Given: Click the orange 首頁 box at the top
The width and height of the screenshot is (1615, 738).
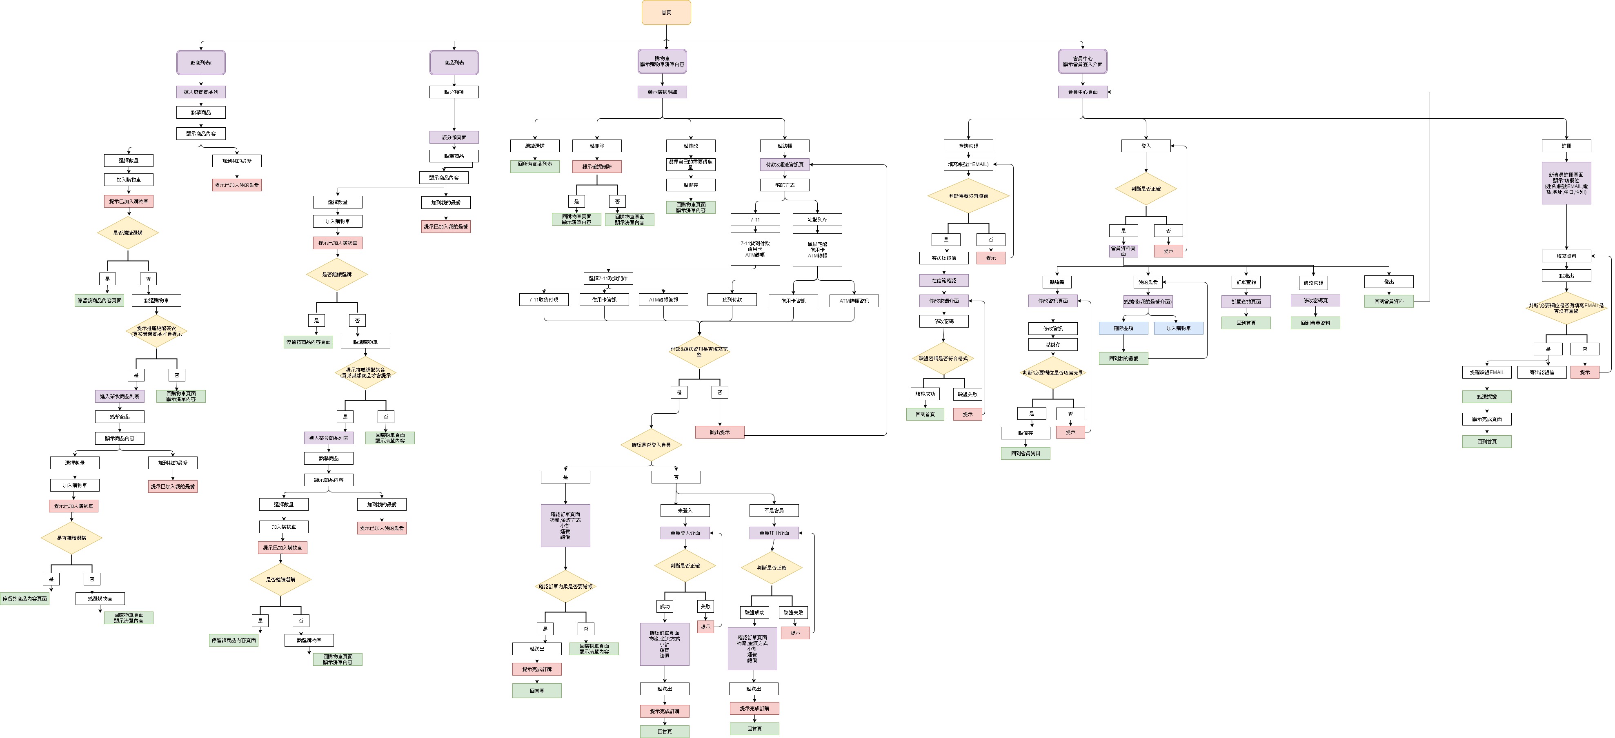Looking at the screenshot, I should (666, 13).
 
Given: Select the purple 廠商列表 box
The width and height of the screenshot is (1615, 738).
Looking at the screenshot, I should (200, 63).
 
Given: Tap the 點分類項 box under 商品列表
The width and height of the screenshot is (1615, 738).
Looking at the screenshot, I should (454, 92).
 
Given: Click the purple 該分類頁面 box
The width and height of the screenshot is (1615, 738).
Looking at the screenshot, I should (454, 137).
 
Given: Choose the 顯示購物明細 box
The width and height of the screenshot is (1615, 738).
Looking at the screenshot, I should (662, 92).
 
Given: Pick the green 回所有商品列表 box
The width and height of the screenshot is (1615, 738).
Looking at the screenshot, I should (535, 164).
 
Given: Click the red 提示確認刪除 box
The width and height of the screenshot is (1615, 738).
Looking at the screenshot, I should (597, 166).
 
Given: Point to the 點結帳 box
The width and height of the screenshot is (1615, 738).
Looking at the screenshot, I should (784, 146).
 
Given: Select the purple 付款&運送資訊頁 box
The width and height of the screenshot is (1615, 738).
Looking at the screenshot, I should (784, 165).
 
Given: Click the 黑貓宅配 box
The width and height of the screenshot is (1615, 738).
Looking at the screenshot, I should (817, 249).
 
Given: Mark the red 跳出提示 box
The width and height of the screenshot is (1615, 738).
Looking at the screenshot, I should (720, 432).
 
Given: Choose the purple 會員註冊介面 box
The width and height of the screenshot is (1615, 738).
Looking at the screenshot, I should (774, 533).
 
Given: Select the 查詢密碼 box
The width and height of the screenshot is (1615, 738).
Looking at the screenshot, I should (968, 146).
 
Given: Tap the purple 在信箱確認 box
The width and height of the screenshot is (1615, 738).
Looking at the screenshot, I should (943, 281).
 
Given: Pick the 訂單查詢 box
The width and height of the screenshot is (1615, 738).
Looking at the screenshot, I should (1246, 283).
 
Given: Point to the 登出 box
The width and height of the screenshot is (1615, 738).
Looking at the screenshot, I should (1389, 282).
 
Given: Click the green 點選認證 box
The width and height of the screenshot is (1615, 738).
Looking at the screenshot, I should (1486, 397).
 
